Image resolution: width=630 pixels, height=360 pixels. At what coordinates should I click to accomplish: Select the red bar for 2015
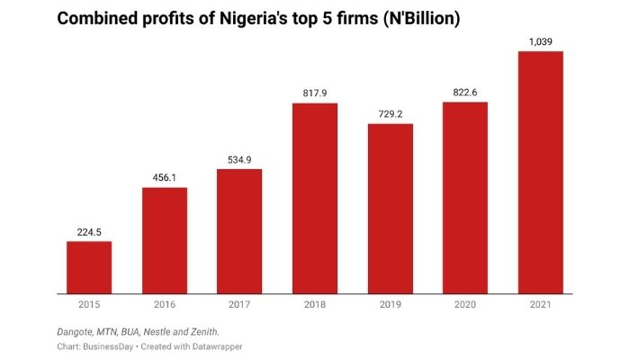(x=89, y=267)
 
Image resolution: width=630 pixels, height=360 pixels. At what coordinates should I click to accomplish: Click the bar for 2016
(x=164, y=240)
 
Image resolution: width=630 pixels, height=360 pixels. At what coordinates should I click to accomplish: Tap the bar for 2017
(x=239, y=231)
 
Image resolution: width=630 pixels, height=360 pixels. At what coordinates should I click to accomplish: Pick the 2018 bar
(x=314, y=198)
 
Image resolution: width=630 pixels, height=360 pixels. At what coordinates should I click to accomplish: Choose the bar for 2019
(x=390, y=209)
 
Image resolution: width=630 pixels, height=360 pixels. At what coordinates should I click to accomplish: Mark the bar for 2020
(x=464, y=198)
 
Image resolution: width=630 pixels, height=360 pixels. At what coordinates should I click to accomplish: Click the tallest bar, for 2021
(x=540, y=172)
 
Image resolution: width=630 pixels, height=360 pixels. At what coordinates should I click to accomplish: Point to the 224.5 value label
(x=89, y=231)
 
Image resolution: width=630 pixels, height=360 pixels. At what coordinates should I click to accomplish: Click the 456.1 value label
(x=164, y=177)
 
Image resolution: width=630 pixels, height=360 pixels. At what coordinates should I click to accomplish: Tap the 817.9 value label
(x=314, y=93)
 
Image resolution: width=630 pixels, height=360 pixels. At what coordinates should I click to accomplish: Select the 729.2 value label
(x=390, y=113)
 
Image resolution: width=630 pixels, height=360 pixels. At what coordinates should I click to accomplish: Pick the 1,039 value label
(x=540, y=41)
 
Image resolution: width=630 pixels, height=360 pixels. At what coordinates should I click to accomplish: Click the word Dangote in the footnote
(x=78, y=332)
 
